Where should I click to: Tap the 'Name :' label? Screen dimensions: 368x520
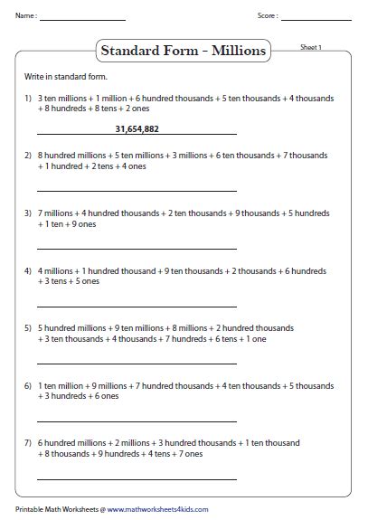pos(25,16)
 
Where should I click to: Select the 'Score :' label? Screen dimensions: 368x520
pos(268,16)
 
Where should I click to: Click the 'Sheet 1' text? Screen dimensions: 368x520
pos(310,47)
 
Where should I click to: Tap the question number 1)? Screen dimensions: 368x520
pos(29,97)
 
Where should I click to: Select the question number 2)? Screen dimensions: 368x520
pos(29,156)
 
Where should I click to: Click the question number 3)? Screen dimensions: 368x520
pos(29,213)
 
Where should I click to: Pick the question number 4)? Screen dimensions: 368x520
pos(29,270)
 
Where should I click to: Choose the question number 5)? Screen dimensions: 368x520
pos(29,327)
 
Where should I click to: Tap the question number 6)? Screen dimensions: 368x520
pos(29,385)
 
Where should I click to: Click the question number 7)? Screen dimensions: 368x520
pos(29,442)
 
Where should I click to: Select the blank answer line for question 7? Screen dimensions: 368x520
pos(137,478)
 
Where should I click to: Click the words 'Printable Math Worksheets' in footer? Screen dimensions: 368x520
pos(52,510)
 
